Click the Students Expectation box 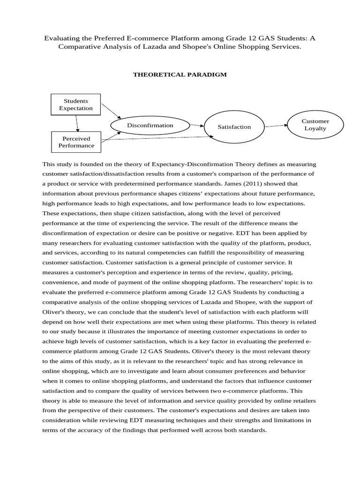coord(76,105)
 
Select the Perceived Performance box coord(76,142)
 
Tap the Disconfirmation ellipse coord(150,125)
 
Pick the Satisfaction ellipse coord(234,127)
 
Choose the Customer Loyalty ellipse coord(315,125)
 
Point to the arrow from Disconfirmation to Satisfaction coord(197,125)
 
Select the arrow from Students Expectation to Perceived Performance coord(77,123)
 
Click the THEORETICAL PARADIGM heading coord(180,74)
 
